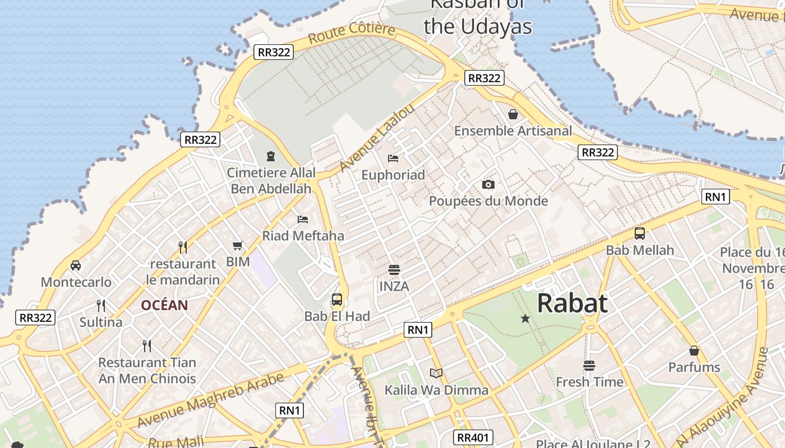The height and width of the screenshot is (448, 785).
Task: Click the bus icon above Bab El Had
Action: point(336,300)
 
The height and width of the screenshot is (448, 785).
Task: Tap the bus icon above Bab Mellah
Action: point(639,234)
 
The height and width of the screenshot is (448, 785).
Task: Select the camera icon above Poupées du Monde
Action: point(488,184)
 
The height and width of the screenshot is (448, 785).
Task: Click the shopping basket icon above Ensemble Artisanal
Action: point(512,115)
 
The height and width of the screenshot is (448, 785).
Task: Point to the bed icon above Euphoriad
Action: point(393,158)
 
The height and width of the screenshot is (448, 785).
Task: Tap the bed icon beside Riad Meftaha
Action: point(303,219)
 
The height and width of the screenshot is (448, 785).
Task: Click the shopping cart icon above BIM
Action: point(238,245)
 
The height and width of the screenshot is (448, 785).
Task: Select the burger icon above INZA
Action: point(394,269)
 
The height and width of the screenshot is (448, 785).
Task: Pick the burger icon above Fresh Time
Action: point(589,366)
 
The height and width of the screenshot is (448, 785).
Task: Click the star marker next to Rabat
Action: point(525,319)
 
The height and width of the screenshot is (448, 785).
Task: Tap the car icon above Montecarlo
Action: point(76,265)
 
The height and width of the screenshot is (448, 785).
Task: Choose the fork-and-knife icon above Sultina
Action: point(101,305)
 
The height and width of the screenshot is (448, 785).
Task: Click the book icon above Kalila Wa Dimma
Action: point(436,373)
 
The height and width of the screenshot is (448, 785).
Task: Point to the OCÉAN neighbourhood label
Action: point(164,305)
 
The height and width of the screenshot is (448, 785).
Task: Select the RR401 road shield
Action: point(473,437)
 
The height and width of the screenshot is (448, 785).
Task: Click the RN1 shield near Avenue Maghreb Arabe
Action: point(290,410)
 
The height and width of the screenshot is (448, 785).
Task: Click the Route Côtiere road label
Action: point(352,33)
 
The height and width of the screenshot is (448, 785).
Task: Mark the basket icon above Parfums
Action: point(694,351)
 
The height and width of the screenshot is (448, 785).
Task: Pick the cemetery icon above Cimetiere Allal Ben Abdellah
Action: point(271,156)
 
